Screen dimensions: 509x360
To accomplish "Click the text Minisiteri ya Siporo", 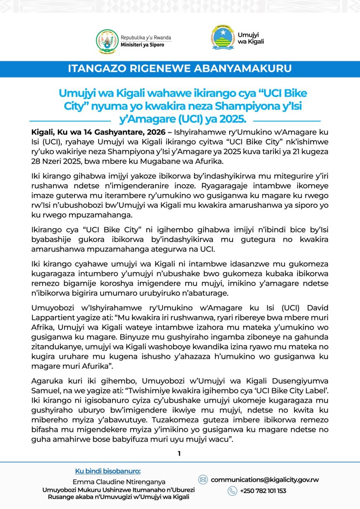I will pos(139,45).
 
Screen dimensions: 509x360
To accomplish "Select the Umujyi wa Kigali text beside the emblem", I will pos(251,38).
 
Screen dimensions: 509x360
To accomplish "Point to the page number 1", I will pos(179,454).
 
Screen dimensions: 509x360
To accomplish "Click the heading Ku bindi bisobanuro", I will pos(108,471).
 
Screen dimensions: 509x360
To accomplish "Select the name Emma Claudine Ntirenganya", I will pos(119,482).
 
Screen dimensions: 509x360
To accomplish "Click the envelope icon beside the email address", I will pos(203,480).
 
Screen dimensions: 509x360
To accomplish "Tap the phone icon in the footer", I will pos(232,491).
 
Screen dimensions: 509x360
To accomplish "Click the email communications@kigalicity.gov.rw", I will pos(265,480).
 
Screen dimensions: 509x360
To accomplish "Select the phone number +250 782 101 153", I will pos(263,491).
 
